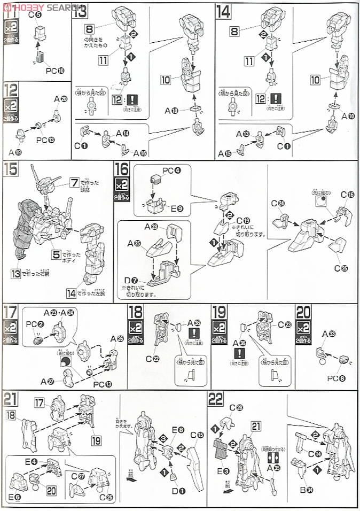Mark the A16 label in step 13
(x=140, y=153)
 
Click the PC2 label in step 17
(x=30, y=324)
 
